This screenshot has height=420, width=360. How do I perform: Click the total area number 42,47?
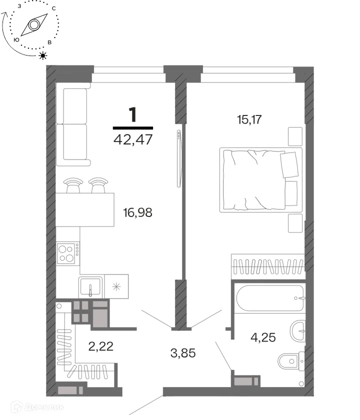[x=133, y=139]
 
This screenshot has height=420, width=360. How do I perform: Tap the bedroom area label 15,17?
[x=249, y=119]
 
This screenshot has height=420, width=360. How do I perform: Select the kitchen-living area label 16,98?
[x=137, y=212]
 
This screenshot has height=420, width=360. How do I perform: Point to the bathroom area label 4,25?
[x=263, y=337]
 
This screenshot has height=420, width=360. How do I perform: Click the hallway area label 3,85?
[x=183, y=353]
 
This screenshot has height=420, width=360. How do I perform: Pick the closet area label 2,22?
[x=100, y=346]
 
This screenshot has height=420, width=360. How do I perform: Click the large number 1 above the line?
[x=133, y=114]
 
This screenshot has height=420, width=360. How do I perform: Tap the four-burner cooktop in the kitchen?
[x=68, y=253]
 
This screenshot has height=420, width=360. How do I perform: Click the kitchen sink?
[x=90, y=286]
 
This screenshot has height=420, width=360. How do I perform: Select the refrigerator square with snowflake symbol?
[x=116, y=286]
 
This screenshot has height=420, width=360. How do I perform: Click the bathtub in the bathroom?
[x=270, y=298]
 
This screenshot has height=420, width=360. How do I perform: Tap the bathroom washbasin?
[x=297, y=331]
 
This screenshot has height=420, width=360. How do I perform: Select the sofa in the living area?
[x=73, y=124]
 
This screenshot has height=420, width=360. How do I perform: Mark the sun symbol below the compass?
[x=43, y=55]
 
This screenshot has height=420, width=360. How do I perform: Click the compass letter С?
[x=53, y=8]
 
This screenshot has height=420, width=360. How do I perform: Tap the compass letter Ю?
[x=16, y=40]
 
